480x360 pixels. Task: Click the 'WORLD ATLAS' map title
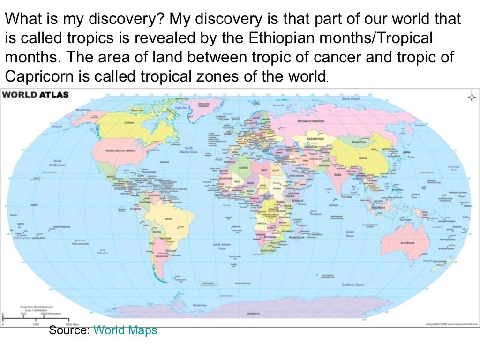coord(36,95)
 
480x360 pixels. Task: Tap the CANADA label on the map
coord(129,122)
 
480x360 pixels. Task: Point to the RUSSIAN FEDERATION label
coord(310,121)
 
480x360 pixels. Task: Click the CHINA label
coord(362,158)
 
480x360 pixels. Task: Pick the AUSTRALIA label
coord(407,243)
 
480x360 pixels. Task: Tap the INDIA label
coord(337,174)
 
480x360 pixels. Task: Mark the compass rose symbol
coord(470,97)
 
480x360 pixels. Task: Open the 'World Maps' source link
coord(125,330)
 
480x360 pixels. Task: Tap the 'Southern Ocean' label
coord(366,285)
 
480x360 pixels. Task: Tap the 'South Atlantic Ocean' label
coord(220,247)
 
